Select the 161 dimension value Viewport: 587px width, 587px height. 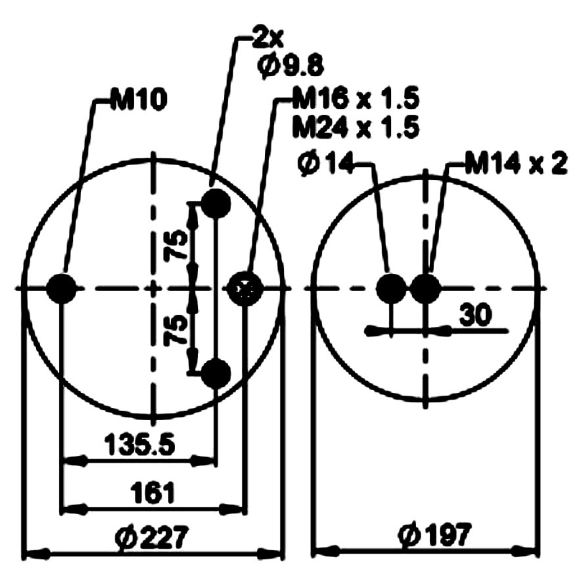[152, 492]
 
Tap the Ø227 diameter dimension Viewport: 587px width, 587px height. [151, 538]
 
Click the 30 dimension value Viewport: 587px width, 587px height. [475, 315]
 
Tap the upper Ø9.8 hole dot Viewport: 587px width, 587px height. [216, 203]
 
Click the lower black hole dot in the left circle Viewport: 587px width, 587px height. [216, 373]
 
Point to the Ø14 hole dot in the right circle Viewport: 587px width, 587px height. [391, 288]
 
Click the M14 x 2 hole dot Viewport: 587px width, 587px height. [425, 288]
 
